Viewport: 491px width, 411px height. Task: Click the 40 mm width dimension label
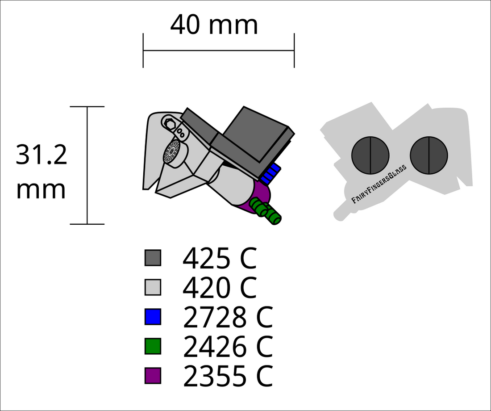(x=214, y=25)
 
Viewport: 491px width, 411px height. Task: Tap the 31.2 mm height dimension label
(x=42, y=172)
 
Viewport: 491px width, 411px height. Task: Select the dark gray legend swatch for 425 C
(x=153, y=258)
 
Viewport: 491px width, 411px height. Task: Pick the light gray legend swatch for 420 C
(x=153, y=287)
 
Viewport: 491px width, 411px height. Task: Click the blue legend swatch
(x=153, y=317)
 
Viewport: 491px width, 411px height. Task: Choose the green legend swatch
(x=153, y=346)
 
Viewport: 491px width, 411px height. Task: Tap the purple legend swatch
(x=153, y=376)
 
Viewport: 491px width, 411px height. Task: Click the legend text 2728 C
(x=228, y=317)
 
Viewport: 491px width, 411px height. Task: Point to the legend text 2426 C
(x=228, y=347)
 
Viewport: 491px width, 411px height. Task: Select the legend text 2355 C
(x=228, y=376)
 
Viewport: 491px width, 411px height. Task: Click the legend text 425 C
(x=220, y=258)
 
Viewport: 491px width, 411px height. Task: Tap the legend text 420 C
(x=220, y=288)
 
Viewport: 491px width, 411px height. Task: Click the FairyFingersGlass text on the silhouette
(x=379, y=185)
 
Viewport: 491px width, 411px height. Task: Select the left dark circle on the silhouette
(x=370, y=155)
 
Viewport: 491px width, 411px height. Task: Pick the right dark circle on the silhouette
(x=429, y=155)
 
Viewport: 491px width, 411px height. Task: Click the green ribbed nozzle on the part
(x=265, y=212)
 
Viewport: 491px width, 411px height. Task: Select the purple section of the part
(x=257, y=197)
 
